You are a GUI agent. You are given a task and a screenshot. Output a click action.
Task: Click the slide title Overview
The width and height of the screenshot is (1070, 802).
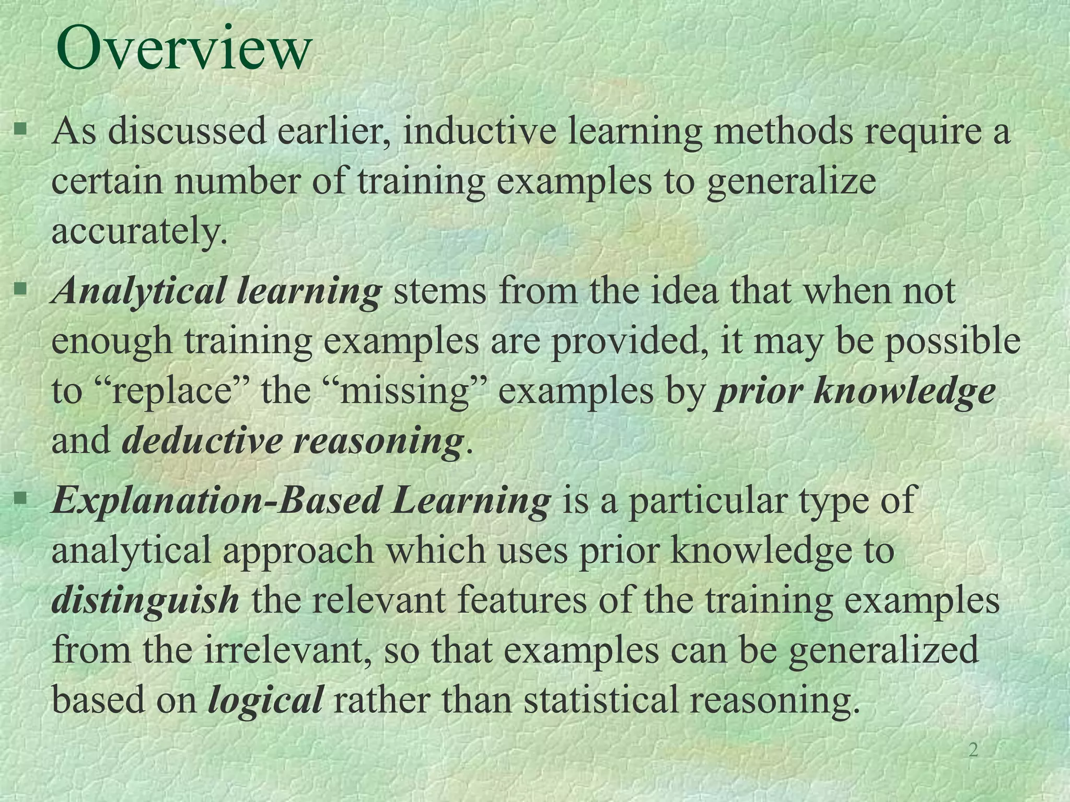tap(183, 49)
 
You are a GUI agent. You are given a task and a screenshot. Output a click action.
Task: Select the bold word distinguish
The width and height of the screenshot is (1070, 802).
tap(146, 600)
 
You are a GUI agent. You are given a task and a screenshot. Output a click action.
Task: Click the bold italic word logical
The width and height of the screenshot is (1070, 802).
tap(265, 700)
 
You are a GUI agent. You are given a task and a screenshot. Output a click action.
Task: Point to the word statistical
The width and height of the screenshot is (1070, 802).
tap(600, 700)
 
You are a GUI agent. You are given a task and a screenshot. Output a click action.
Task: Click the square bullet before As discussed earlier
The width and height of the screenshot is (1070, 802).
tap(20, 128)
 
